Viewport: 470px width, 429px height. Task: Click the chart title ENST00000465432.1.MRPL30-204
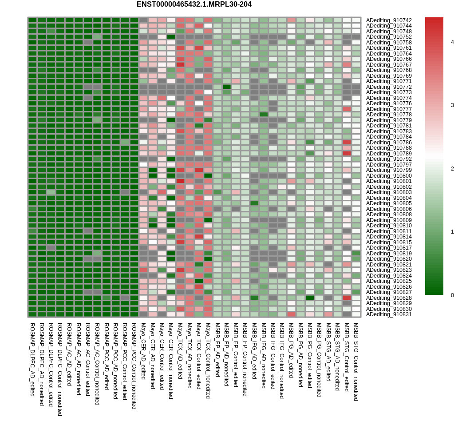coord(194,4)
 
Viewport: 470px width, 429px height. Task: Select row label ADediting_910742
coord(389,20)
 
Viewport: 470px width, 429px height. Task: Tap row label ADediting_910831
coord(389,314)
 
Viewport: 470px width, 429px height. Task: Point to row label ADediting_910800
coord(389,176)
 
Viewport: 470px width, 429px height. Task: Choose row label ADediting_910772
coord(389,87)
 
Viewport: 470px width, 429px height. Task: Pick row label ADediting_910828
coord(389,298)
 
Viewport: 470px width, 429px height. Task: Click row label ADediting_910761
coord(389,48)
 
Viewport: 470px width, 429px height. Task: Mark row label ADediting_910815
coord(389,242)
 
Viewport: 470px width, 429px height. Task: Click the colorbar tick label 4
coord(452,42)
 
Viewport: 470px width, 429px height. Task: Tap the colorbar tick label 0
coord(452,295)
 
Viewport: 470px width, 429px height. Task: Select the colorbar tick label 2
coord(452,169)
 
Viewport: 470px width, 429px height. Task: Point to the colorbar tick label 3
coord(452,105)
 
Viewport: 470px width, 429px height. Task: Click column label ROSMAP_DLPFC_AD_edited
coord(32,360)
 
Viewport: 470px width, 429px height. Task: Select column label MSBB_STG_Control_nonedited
coord(356,362)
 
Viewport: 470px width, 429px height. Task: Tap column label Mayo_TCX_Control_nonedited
coord(208,361)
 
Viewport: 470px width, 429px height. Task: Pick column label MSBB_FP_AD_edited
coord(217,350)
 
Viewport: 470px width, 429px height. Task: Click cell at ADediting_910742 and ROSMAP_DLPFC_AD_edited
coord(32,20)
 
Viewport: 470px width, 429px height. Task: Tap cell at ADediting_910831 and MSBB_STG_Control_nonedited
coord(356,314)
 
